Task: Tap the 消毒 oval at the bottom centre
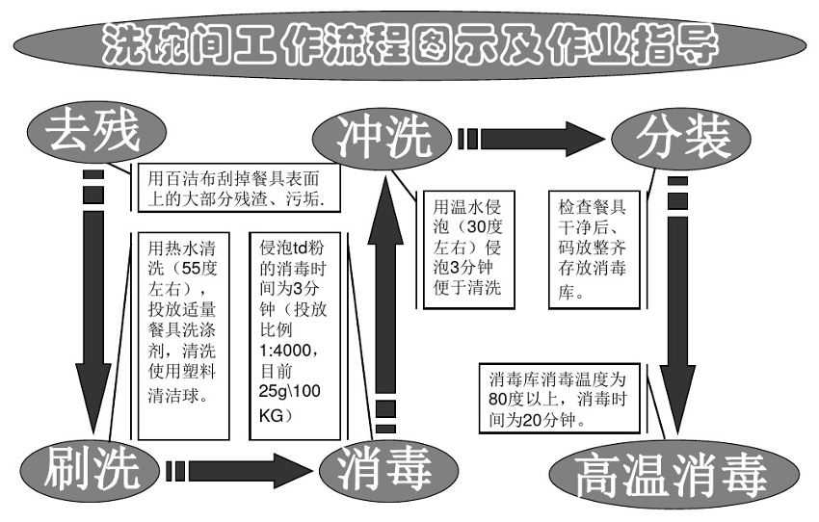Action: point(383,469)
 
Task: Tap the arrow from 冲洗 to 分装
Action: point(540,138)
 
